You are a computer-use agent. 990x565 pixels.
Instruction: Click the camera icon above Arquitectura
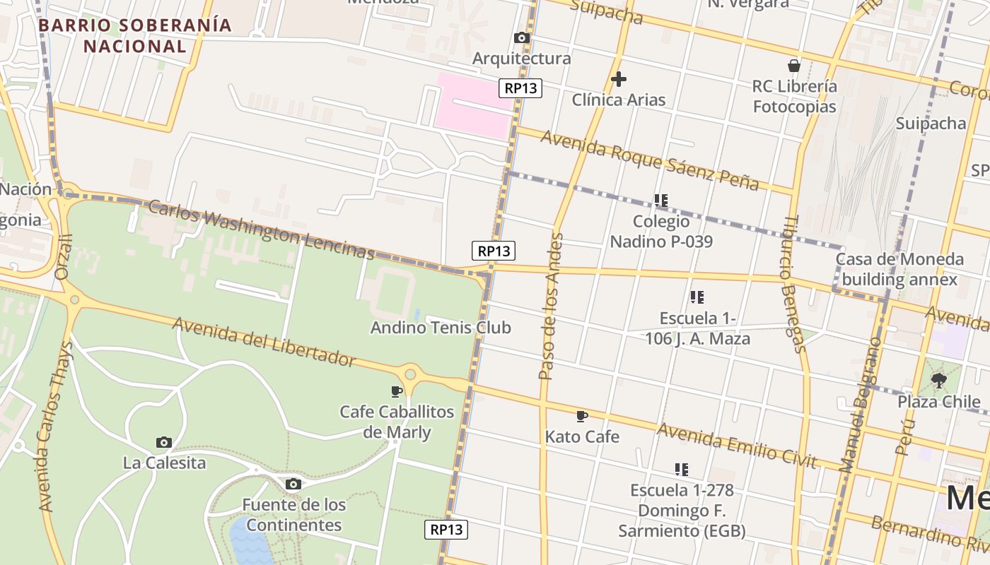coord(522,38)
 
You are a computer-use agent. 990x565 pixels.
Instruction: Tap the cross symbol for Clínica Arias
coord(619,79)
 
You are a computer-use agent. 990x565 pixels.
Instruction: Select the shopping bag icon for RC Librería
coord(794,66)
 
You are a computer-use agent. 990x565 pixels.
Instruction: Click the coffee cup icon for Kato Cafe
coord(582,417)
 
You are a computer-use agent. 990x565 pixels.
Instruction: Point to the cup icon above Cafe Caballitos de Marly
coord(397,391)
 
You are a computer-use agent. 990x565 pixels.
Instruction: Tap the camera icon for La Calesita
coord(164,443)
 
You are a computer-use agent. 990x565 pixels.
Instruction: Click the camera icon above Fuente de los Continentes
coord(293,484)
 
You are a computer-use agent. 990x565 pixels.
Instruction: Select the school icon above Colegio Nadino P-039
coord(661,201)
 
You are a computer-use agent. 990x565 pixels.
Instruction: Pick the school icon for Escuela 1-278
coord(682,469)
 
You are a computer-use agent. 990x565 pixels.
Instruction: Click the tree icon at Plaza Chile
coord(939,381)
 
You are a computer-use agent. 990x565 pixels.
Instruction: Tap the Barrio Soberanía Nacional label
coord(135,36)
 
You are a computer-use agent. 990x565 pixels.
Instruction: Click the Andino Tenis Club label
coord(441,328)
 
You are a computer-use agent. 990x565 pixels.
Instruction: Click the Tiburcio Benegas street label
coord(793,282)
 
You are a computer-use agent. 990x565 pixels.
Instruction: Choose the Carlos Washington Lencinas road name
coord(261,229)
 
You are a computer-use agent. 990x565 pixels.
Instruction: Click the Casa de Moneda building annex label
coord(899,269)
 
